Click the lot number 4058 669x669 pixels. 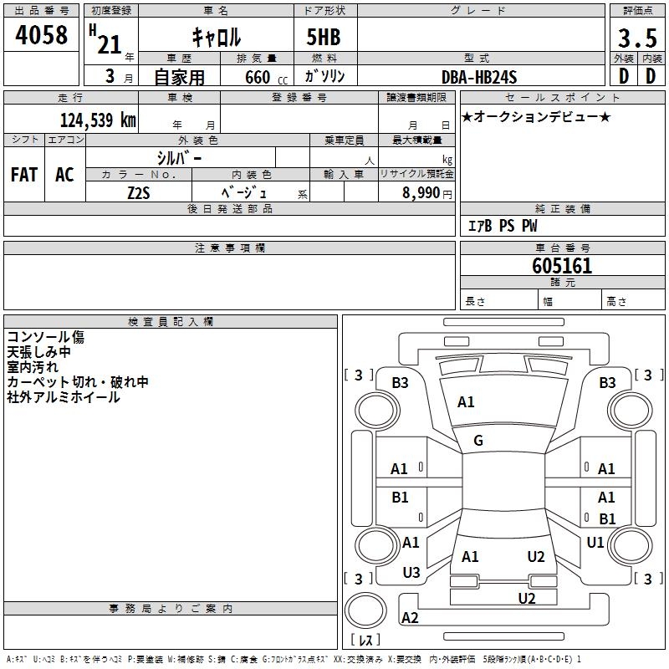pos(42,36)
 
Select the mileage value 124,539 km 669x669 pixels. pos(97,120)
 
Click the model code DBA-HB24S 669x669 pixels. pos(479,77)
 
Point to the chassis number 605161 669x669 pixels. pos(562,266)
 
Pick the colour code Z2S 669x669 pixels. pos(139,192)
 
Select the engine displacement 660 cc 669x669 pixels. pos(250,77)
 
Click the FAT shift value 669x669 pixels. pos(24,175)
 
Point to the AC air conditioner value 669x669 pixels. pos(64,175)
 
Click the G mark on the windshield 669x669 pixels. pos(478,441)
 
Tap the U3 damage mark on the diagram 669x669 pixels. pos(411,573)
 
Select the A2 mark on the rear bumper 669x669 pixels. pos(410,618)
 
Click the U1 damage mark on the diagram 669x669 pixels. pos(595,543)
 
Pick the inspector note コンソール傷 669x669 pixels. pos(46,337)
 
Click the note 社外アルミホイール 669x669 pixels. pos(64,397)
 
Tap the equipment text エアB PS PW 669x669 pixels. pos(502,226)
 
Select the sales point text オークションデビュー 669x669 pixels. pos(536,116)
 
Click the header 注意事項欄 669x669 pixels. pos(229,248)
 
